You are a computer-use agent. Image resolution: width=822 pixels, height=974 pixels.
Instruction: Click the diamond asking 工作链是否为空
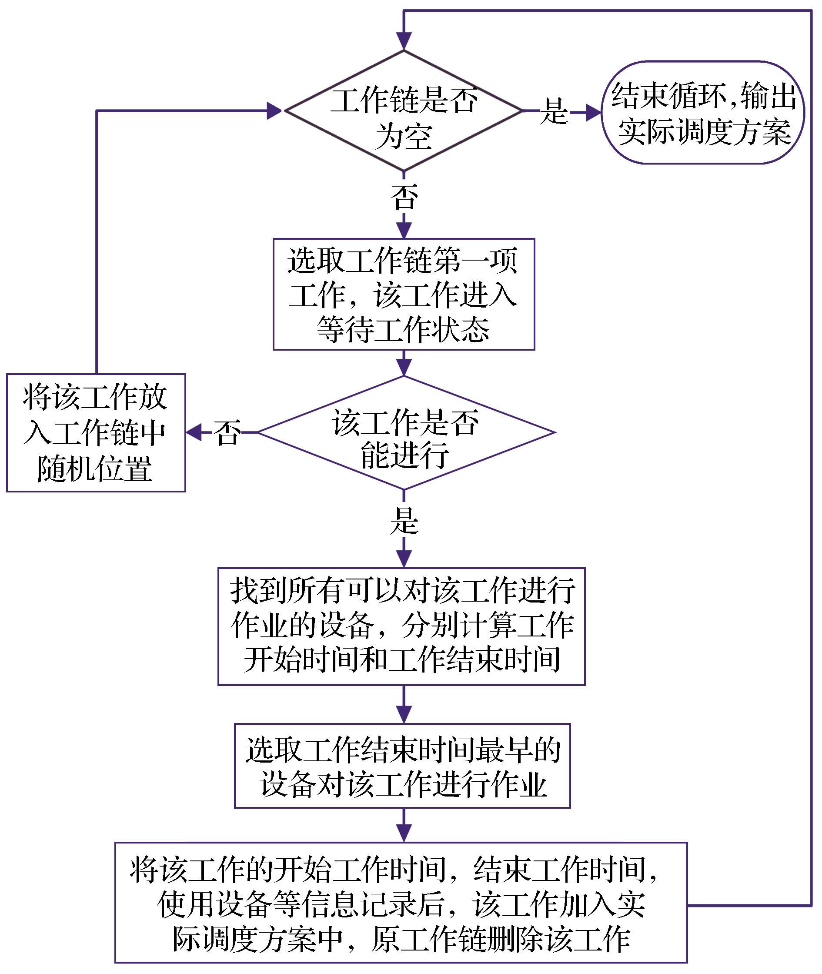[x=404, y=111]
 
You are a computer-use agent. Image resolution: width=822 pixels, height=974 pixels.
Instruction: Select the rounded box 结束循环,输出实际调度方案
[x=703, y=112]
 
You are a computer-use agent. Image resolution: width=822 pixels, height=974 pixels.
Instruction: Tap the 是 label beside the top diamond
[x=554, y=111]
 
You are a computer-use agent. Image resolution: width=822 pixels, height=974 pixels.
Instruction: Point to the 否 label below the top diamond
[x=404, y=196]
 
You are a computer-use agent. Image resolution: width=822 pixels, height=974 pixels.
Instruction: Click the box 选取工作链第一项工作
[x=404, y=295]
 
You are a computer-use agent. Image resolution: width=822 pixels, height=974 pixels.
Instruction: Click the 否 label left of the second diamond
[x=227, y=432]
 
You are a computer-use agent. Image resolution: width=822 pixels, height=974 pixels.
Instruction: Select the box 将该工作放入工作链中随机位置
[x=96, y=432]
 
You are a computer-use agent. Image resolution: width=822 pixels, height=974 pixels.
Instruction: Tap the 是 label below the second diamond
[x=404, y=521]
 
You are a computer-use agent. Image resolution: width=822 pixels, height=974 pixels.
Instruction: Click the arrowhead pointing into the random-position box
[x=194, y=432]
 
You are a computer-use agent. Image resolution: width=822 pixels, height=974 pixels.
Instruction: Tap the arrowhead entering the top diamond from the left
[x=274, y=111]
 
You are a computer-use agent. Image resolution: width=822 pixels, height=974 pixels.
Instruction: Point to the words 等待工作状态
[x=403, y=330]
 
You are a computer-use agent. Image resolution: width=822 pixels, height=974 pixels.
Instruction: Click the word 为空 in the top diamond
[x=404, y=137]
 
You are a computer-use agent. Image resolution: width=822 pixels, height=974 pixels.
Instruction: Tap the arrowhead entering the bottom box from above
[x=404, y=834]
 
